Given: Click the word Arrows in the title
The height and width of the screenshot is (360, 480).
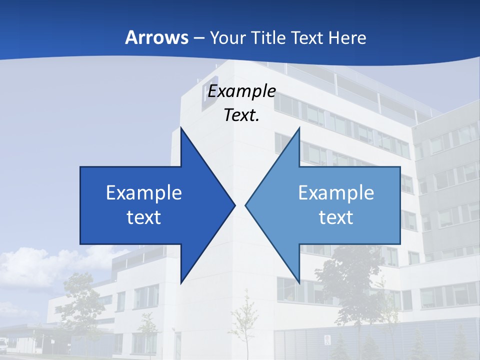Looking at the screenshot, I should pos(156,37).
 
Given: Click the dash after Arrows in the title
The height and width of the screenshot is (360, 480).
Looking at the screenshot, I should pos(198,38).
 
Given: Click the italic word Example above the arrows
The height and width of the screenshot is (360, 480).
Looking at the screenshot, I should pos(241,91).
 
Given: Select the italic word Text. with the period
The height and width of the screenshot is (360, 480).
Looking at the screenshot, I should pos(241,115).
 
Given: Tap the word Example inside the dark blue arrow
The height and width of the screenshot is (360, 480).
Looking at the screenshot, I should pos(144,193).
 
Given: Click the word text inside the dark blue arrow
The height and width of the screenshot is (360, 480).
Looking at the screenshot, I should pos(144,217).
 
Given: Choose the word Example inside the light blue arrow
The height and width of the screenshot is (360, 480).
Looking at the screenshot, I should pos(336,193).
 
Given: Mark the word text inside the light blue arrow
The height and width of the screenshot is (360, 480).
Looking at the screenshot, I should pos(336,217).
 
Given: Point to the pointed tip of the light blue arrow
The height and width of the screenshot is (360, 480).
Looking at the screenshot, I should pos(246,205).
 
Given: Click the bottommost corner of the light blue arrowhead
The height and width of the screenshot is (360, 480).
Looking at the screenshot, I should pos(299,282).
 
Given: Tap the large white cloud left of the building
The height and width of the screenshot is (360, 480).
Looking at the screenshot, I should pos(30,267).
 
